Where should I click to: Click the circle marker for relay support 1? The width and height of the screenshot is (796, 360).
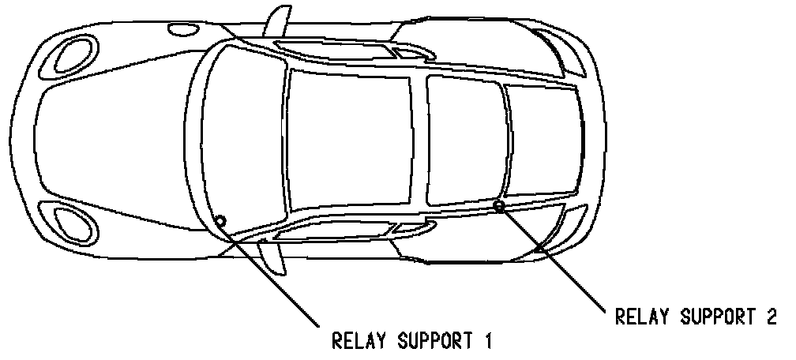point(220,221)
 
